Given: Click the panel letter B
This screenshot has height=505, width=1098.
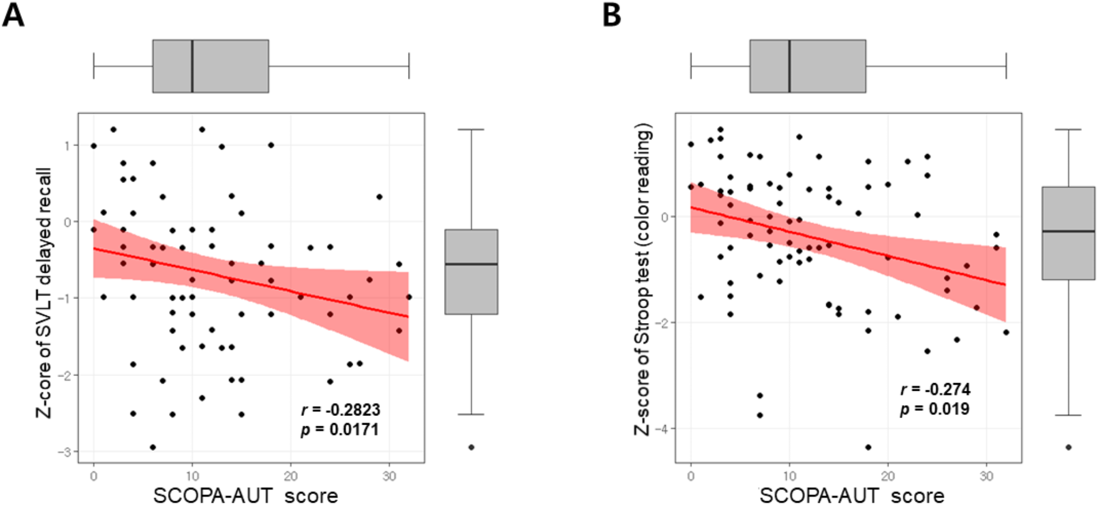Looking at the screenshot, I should (611, 15).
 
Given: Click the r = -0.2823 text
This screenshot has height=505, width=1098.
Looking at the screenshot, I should (341, 410).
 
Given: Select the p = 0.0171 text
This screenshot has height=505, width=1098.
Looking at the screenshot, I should (340, 430).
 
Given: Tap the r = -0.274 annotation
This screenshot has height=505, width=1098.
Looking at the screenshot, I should (935, 389).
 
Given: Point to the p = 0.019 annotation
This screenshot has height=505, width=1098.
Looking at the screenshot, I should (935, 409).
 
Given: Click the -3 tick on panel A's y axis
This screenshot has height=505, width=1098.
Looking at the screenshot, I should (67, 452).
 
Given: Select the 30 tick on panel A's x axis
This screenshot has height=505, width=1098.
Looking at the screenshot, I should (389, 477).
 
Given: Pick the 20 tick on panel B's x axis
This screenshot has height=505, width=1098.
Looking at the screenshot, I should (887, 477).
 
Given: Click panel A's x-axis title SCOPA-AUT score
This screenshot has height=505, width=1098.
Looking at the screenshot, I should (246, 495).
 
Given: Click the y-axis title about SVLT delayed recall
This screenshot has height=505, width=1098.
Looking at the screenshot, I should (44, 292).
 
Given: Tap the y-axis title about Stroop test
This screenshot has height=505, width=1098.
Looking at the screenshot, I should (643, 279).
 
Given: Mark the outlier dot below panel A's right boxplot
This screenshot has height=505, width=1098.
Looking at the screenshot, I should (471, 447).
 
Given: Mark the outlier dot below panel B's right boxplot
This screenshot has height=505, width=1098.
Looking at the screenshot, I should (1068, 447).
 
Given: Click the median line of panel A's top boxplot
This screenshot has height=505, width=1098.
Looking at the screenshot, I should (192, 66).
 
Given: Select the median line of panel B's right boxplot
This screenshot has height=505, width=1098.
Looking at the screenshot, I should (1068, 232).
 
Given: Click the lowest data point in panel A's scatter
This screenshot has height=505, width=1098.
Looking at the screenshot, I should (153, 447).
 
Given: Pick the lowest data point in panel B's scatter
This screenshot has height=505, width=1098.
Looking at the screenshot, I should (868, 447).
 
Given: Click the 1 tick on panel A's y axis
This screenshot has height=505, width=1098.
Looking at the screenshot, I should (68, 145).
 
